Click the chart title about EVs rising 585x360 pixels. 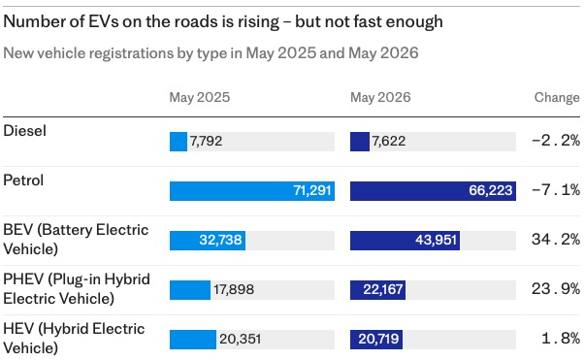coord(223,22)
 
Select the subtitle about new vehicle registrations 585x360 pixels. coord(211,53)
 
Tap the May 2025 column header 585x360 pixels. coord(200,97)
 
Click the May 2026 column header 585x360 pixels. coord(380,97)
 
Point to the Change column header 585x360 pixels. coord(557,97)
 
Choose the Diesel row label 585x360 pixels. coord(24,131)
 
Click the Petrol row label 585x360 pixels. coord(23,180)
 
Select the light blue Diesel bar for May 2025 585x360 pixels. coord(179,142)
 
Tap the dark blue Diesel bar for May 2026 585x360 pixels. coord(360,142)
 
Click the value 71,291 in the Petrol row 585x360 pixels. coord(312,190)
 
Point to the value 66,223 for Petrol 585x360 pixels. coord(491,190)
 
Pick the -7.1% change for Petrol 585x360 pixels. coord(556,190)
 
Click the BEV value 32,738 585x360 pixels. coord(220,240)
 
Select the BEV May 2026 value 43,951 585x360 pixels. coord(437,240)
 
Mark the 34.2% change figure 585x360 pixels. coord(556,239)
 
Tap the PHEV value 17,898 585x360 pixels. coord(234,289)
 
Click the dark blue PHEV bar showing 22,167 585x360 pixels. coord(377,290)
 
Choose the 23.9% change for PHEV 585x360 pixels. coord(556,289)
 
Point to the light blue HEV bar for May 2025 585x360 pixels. coord(193,340)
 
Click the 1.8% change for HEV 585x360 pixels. coord(561,339)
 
